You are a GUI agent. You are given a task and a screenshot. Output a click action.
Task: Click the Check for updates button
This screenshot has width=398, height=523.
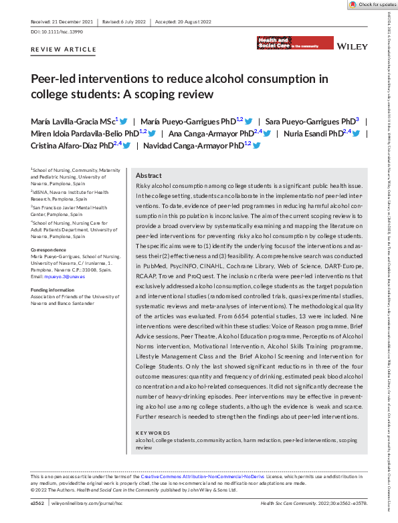372,5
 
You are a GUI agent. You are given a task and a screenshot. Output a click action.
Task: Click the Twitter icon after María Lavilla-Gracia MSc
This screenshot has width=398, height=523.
124,121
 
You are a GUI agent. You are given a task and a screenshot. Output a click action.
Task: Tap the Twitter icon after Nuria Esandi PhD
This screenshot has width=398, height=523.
356,133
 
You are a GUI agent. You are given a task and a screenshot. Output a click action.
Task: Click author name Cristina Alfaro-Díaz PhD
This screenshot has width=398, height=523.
72,144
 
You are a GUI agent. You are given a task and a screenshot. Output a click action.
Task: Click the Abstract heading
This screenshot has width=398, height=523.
148,175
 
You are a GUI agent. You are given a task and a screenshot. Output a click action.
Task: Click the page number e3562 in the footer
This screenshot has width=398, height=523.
39,502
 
